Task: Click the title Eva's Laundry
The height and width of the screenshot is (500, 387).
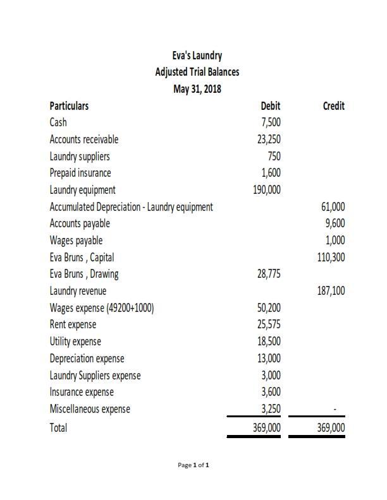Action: click(x=197, y=56)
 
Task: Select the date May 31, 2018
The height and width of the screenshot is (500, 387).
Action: click(x=197, y=89)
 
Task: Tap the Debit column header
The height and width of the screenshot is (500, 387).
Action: click(x=270, y=106)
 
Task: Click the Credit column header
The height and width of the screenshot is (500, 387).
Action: click(x=333, y=106)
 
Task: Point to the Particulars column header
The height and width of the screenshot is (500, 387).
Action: click(x=69, y=106)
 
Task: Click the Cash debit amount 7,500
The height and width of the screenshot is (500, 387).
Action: click(x=271, y=122)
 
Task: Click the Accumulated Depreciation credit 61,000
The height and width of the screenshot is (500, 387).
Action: click(x=333, y=206)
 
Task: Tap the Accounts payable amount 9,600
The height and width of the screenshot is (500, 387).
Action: click(x=336, y=223)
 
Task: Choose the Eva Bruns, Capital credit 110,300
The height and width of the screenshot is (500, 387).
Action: click(x=331, y=257)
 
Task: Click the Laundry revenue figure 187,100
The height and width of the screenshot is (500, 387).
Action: click(x=331, y=291)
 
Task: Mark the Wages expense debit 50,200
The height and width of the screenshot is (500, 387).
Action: click(x=269, y=308)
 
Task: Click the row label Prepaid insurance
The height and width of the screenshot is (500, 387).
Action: click(x=80, y=173)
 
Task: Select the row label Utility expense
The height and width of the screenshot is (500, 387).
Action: click(x=75, y=342)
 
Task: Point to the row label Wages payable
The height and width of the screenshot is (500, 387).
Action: click(x=76, y=241)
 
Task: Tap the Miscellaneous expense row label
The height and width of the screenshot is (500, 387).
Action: click(x=90, y=409)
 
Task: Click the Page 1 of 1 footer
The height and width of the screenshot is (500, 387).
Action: click(x=193, y=465)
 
